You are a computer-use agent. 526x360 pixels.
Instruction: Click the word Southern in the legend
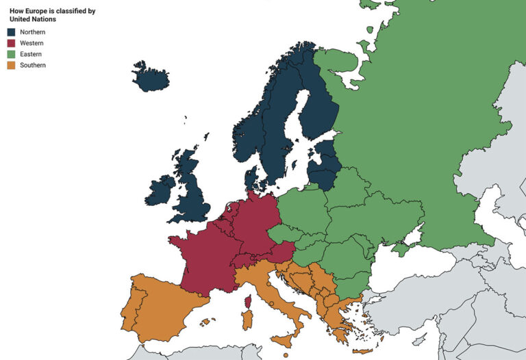tap(33, 65)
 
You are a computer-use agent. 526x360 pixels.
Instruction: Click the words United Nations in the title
tap(33, 19)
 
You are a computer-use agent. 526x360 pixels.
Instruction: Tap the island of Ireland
tap(160, 190)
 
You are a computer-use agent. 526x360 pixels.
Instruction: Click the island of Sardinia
tap(247, 319)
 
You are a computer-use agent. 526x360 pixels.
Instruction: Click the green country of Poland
tap(302, 209)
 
